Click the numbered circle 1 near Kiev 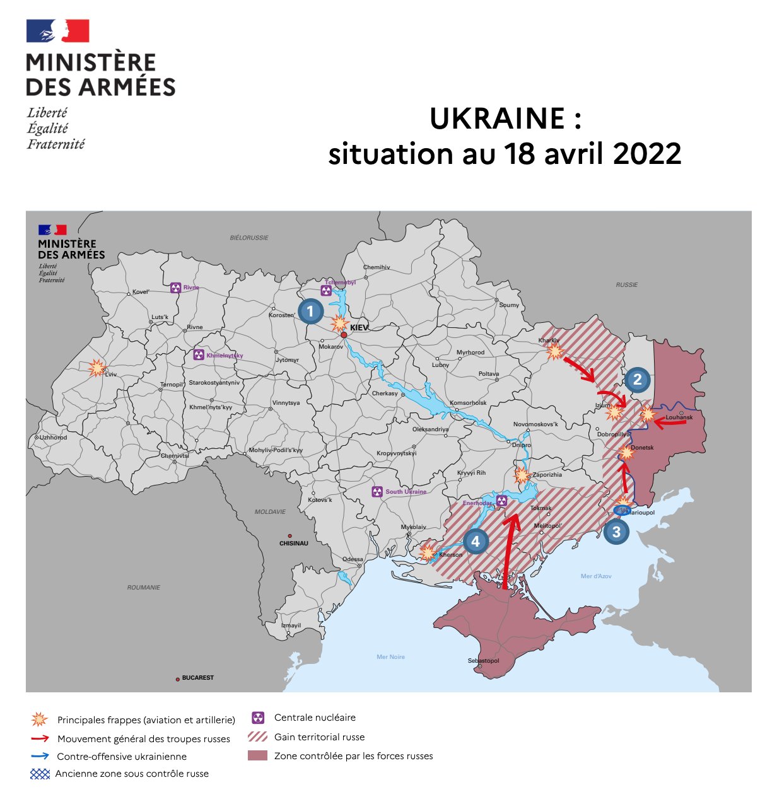(x=310, y=311)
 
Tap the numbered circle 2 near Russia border (x=638, y=379)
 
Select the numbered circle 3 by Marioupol (x=616, y=532)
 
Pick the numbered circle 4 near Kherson (x=476, y=541)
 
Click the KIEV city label (x=359, y=328)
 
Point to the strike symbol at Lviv (x=96, y=368)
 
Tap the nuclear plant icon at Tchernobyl (x=326, y=291)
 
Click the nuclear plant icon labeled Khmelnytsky (x=199, y=355)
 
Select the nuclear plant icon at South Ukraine (x=377, y=491)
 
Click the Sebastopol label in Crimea (x=483, y=661)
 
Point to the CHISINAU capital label (x=294, y=544)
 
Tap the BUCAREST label (x=197, y=678)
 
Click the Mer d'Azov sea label (x=595, y=576)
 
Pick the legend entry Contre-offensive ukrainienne (x=122, y=757)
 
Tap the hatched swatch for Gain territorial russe (x=257, y=736)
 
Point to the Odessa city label (x=353, y=559)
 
